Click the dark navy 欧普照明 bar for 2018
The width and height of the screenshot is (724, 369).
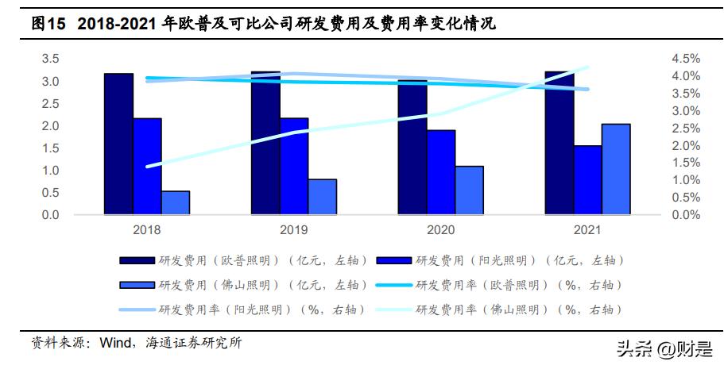click(x=118, y=144)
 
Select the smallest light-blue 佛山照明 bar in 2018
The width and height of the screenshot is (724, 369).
click(x=176, y=202)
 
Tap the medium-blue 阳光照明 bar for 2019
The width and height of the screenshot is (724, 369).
click(x=294, y=166)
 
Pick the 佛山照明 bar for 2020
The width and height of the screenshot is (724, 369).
click(x=469, y=190)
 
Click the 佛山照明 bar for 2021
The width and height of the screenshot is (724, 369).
click(x=616, y=168)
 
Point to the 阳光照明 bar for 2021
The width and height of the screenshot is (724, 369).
click(x=587, y=179)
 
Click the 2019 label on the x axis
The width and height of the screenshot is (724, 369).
click(x=294, y=229)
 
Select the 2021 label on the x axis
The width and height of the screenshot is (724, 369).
click(x=587, y=229)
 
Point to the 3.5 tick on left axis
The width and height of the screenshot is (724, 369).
click(x=51, y=60)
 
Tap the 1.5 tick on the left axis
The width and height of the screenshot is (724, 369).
click(x=51, y=148)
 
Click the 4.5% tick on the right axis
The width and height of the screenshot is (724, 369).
click(x=684, y=60)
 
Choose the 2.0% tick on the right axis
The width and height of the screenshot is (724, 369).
click(x=684, y=146)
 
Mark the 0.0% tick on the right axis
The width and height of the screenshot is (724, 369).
click(x=684, y=215)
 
